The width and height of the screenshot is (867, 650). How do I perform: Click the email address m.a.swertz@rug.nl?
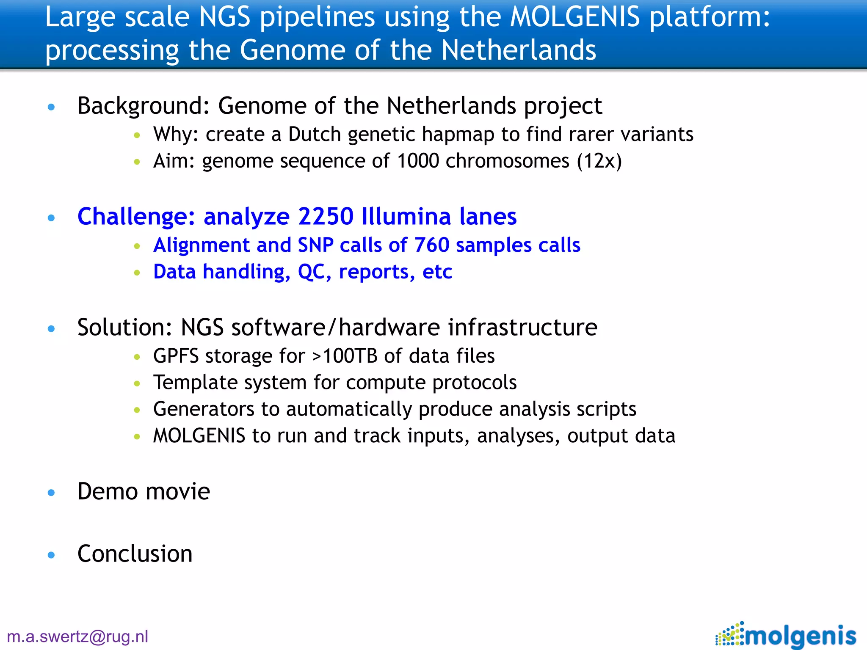pyautogui.click(x=78, y=636)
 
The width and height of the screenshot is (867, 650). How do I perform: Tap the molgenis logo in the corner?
pyautogui.click(x=786, y=635)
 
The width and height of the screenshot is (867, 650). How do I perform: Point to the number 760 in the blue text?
pyautogui.click(x=431, y=245)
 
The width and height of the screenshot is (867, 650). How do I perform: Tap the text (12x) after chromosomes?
pyautogui.click(x=599, y=161)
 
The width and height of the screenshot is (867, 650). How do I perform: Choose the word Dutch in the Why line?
pyautogui.click(x=315, y=135)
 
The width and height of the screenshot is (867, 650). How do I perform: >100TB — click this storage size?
pyautogui.click(x=344, y=356)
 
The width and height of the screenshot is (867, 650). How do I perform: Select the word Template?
pyautogui.click(x=188, y=383)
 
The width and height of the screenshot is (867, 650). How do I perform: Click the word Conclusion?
pyautogui.click(x=135, y=554)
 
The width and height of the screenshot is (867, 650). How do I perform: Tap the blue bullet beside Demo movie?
pyautogui.click(x=52, y=493)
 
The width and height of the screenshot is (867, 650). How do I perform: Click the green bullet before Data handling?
pyautogui.click(x=137, y=273)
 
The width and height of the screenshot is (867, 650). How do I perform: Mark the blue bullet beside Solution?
pyautogui.click(x=52, y=329)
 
